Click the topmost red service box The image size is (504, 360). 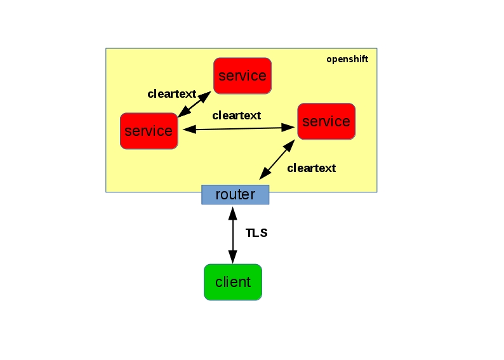point(242,76)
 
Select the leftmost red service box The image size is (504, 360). point(149,131)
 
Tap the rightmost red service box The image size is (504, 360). point(326,121)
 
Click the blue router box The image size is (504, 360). point(235,194)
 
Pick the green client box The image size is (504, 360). point(233,282)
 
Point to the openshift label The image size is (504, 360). point(347,60)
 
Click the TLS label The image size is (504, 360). point(256,233)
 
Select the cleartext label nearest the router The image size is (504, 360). point(312,168)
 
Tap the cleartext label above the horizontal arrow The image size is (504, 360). point(237,116)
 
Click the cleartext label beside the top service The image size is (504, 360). point(171,94)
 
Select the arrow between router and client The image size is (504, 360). point(233,236)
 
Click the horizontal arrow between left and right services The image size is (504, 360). point(239,128)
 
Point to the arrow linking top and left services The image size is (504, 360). point(194,104)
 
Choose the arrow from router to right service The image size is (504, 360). point(277,159)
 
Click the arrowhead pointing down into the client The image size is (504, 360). point(233,257)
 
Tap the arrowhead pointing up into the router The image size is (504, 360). point(233,213)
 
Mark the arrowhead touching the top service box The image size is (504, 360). point(205,96)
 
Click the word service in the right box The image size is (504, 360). point(326,121)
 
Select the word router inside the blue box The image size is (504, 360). point(235,194)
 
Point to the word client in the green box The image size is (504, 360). point(233,282)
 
